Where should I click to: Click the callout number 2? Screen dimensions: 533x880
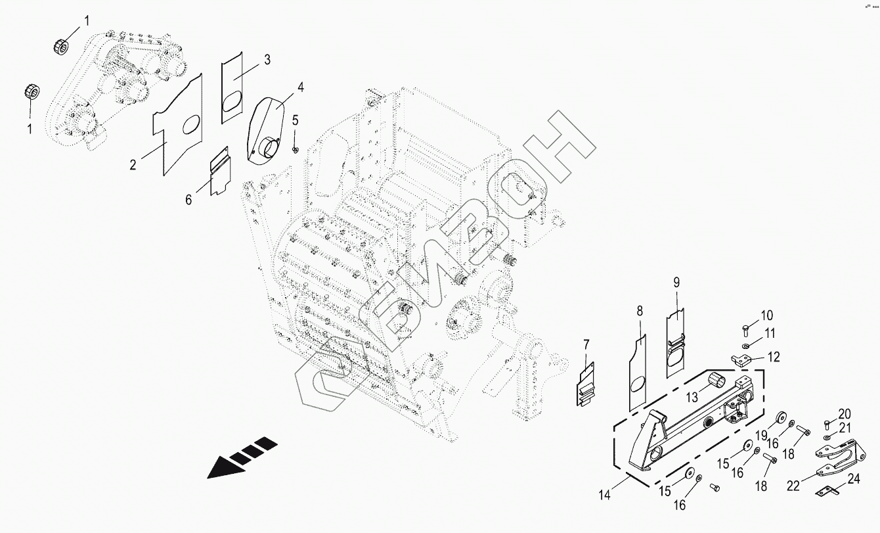[x=133, y=165]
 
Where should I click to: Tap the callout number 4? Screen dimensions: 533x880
[x=300, y=87]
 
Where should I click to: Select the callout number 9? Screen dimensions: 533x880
[x=676, y=283]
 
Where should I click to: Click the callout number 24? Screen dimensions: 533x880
[x=854, y=479]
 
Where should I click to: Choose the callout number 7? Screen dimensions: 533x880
[x=586, y=343]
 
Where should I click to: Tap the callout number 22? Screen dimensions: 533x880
[x=793, y=486]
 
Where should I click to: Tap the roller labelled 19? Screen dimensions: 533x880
[x=781, y=418]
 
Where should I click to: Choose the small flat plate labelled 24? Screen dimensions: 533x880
[x=828, y=490]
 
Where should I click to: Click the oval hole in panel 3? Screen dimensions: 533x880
[x=232, y=103]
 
